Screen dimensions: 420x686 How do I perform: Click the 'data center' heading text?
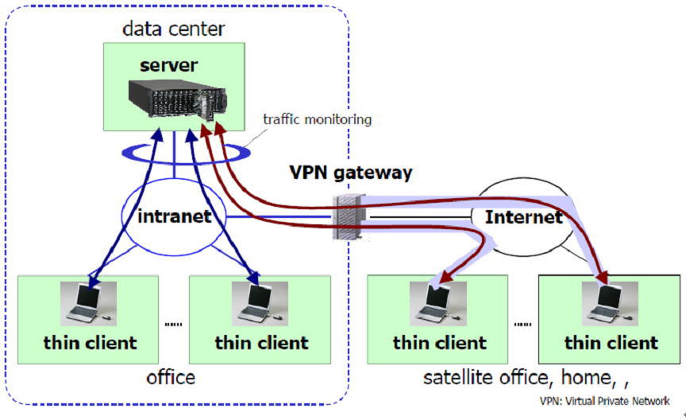174,29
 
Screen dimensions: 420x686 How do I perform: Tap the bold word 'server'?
168,64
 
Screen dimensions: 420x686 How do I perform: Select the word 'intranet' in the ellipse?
174,216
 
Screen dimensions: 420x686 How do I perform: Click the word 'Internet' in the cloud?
523,216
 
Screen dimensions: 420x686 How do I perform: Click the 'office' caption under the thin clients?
170,376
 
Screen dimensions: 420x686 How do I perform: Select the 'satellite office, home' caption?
520,376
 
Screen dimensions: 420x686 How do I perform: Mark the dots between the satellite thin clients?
522,324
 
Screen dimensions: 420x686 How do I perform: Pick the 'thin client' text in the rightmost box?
611,343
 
